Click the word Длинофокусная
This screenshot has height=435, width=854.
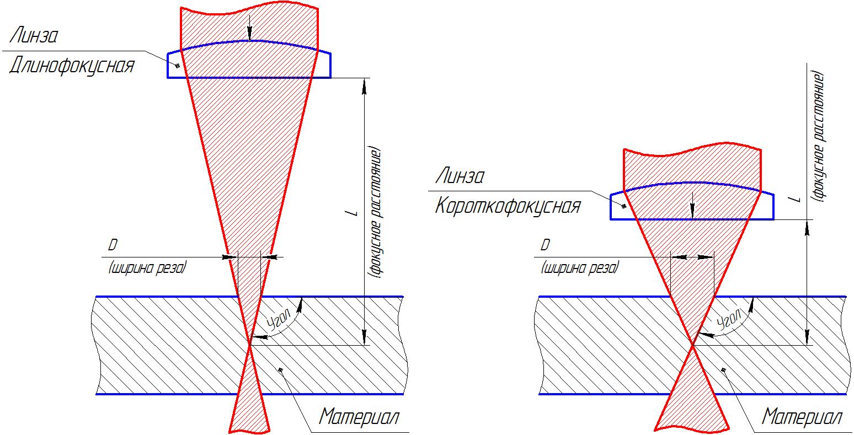click(72, 67)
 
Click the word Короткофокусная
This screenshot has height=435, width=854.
click(508, 207)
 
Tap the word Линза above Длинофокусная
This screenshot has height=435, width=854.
click(34, 36)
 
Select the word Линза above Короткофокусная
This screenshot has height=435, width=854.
click(460, 177)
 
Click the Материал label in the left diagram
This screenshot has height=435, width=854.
click(359, 416)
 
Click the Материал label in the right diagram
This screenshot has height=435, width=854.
click(802, 417)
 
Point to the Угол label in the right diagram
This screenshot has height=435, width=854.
click(729, 321)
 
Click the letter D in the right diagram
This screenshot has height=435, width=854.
click(546, 245)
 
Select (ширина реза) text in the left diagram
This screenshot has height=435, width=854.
click(148, 268)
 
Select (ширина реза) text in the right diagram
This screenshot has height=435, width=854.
click(580, 268)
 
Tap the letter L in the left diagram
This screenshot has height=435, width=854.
click(354, 212)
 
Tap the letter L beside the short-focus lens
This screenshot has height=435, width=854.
click(795, 198)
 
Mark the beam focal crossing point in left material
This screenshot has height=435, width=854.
click(250, 345)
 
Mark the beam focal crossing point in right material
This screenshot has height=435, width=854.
click(692, 345)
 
